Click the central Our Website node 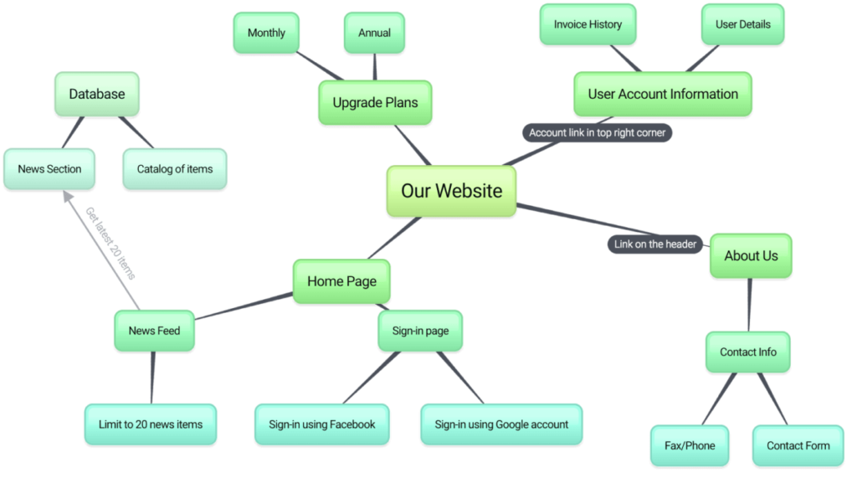pyautogui.click(x=451, y=191)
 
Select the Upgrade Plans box pyautogui.click(x=375, y=103)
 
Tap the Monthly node pyautogui.click(x=266, y=33)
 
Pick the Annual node pyautogui.click(x=374, y=33)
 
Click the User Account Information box pyautogui.click(x=662, y=94)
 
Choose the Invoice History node pyautogui.click(x=588, y=25)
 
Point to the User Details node pyautogui.click(x=742, y=25)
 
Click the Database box pyautogui.click(x=96, y=94)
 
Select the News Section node pyautogui.click(x=49, y=169)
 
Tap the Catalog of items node pyautogui.click(x=175, y=169)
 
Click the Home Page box pyautogui.click(x=341, y=281)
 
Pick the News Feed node pyautogui.click(x=154, y=331)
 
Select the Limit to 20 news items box pyautogui.click(x=151, y=424)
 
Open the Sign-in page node pyautogui.click(x=420, y=331)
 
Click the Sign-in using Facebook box pyautogui.click(x=322, y=424)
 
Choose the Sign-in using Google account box pyautogui.click(x=501, y=424)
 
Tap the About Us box pyautogui.click(x=750, y=256)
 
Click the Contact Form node pyautogui.click(x=798, y=445)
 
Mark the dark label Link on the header pyautogui.click(x=655, y=244)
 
